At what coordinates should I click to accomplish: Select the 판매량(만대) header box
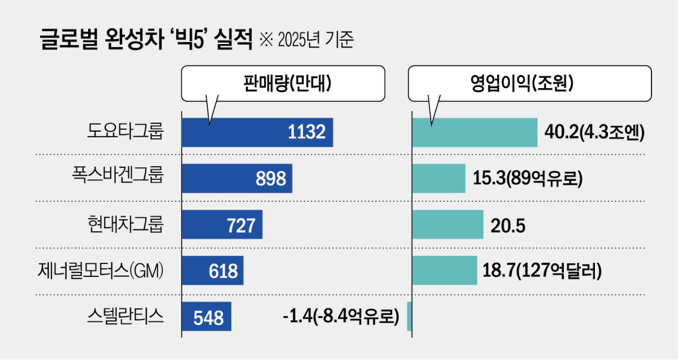[282, 83]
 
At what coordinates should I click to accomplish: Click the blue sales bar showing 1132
[257, 132]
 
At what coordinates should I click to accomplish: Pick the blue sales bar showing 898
[237, 179]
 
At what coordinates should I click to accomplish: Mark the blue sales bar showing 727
[222, 225]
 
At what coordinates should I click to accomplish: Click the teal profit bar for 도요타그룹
[475, 132]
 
